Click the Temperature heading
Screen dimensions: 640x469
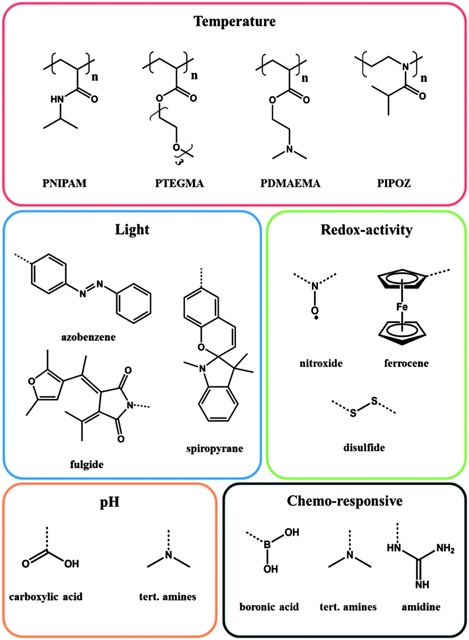(234, 21)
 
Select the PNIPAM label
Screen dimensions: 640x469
(64, 183)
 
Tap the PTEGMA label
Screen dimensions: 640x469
(180, 183)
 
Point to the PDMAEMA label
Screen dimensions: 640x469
(290, 183)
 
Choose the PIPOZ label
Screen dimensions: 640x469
(394, 183)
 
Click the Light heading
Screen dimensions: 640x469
(132, 229)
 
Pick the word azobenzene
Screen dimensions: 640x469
(89, 337)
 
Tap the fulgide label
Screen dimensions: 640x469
(87, 464)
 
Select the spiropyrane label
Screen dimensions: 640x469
(215, 448)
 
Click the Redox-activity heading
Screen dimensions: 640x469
(366, 229)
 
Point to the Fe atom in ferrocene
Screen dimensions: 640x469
(402, 306)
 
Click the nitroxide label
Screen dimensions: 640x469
(321, 363)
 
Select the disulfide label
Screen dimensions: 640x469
(364, 447)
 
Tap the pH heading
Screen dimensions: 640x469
(109, 502)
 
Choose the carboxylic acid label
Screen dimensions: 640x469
(46, 596)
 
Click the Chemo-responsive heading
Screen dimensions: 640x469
(344, 501)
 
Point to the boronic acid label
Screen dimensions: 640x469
(269, 607)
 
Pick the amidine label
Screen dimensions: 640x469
(421, 607)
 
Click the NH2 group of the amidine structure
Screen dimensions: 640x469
(445, 549)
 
